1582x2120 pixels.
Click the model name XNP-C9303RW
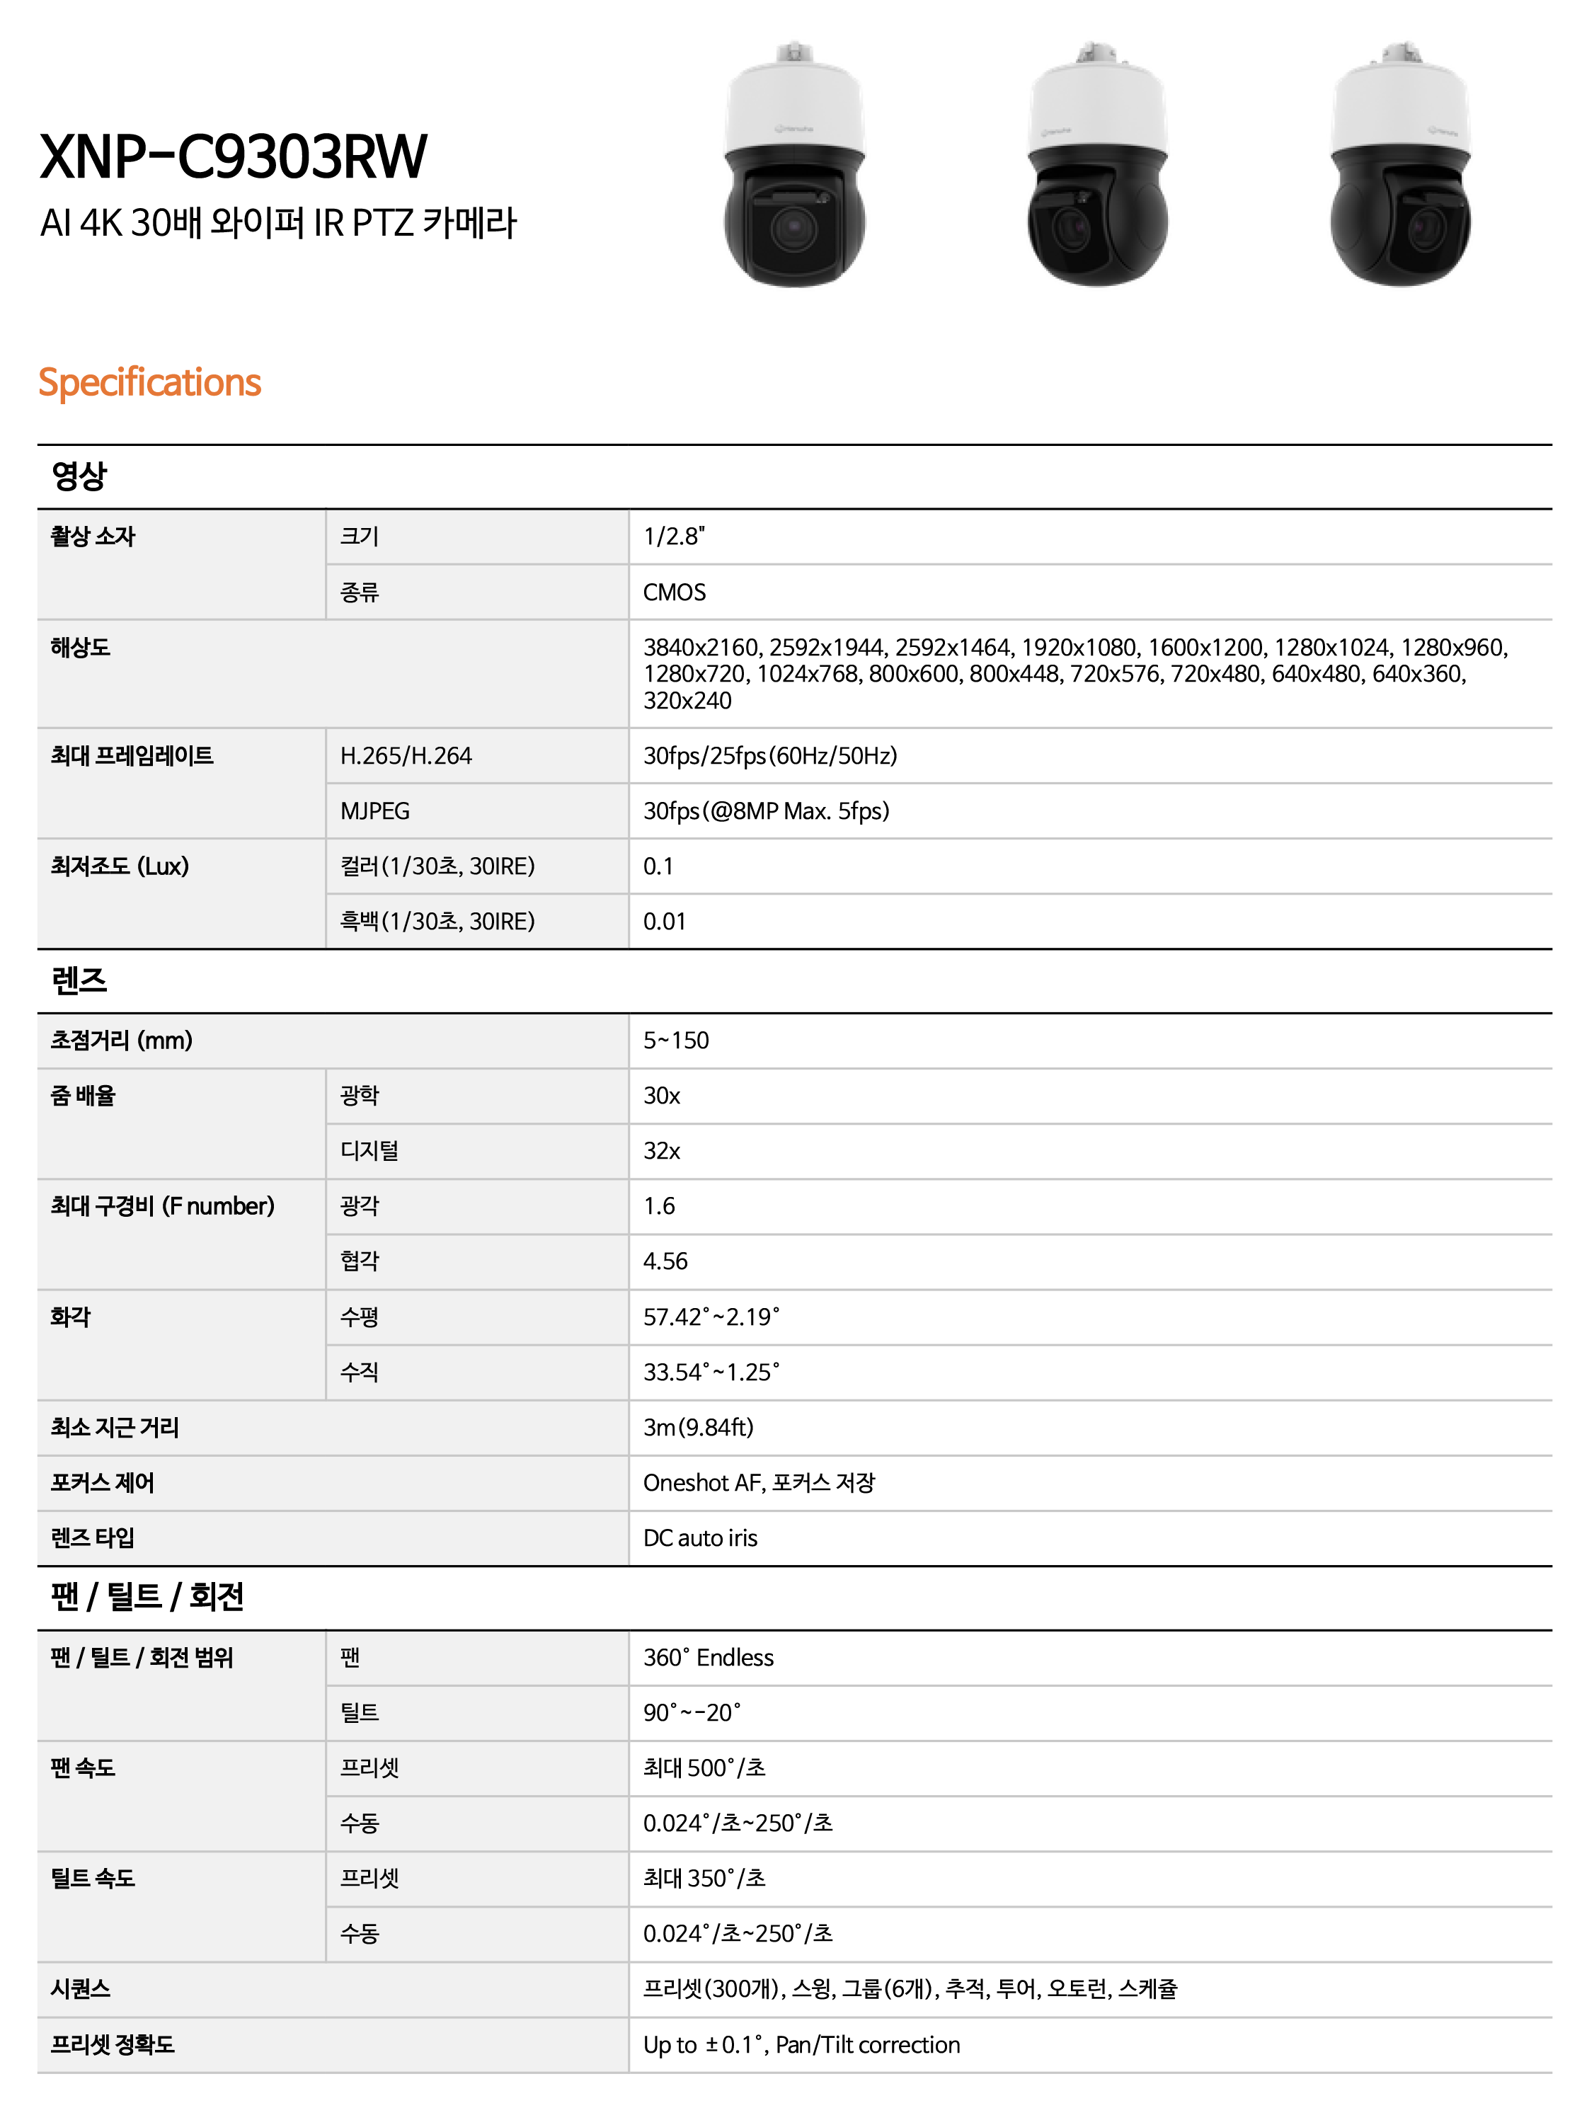tap(233, 157)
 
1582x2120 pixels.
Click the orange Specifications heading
tap(149, 382)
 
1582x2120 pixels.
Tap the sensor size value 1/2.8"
tap(673, 537)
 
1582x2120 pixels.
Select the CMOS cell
tap(674, 592)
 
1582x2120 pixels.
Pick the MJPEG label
tap(374, 811)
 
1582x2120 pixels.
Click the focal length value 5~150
tap(676, 1040)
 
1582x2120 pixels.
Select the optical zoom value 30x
tap(662, 1096)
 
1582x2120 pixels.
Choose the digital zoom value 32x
tap(662, 1150)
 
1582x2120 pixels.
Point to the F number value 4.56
tap(665, 1261)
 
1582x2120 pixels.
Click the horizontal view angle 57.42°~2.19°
tap(711, 1317)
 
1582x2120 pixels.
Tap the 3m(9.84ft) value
tap(698, 1427)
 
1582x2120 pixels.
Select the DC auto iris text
tap(700, 1538)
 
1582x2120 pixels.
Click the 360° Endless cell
tap(708, 1658)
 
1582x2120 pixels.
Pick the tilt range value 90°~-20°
tap(692, 1712)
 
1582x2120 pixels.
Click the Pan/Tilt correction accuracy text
tap(868, 2044)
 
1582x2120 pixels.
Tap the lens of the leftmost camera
tap(792, 228)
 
